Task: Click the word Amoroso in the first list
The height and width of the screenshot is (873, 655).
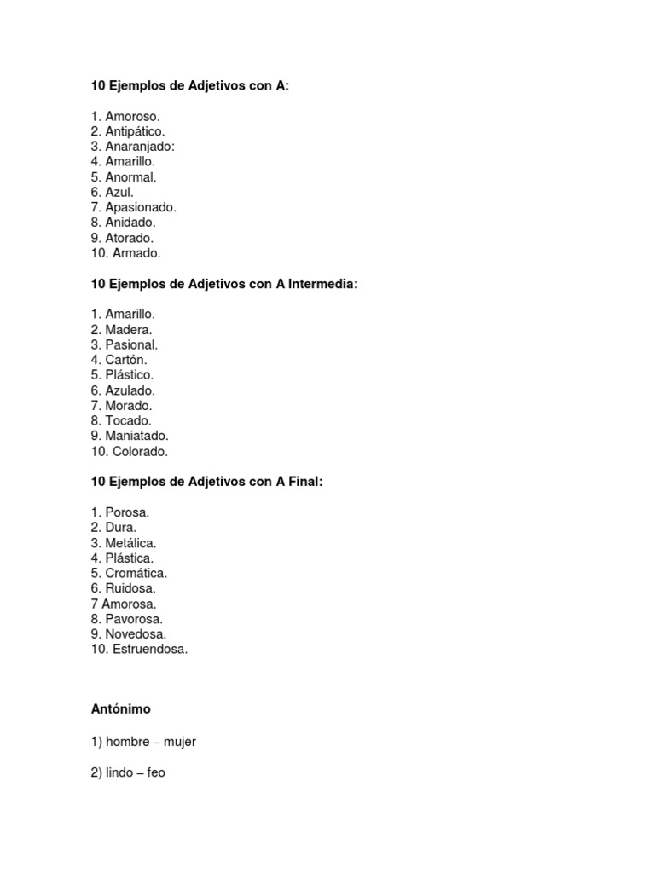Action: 132,116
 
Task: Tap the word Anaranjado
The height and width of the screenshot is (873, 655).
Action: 140,147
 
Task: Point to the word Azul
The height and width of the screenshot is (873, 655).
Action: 119,193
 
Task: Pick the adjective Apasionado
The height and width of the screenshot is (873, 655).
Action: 141,207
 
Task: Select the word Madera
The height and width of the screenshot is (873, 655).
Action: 129,330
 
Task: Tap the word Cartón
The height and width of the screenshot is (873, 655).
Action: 126,360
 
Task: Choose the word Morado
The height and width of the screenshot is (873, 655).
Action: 129,406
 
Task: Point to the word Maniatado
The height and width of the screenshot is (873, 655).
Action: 137,436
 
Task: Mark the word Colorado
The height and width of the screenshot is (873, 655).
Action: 140,452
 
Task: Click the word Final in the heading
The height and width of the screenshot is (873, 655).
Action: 305,482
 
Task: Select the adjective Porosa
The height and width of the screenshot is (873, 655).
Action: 127,512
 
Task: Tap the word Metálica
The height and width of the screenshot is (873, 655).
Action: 130,543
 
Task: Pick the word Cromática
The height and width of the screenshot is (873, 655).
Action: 136,573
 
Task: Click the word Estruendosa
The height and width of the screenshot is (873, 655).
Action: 150,650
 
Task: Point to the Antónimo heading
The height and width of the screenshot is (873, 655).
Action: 121,708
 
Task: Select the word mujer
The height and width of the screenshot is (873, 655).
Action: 180,743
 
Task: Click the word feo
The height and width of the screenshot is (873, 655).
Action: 156,773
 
